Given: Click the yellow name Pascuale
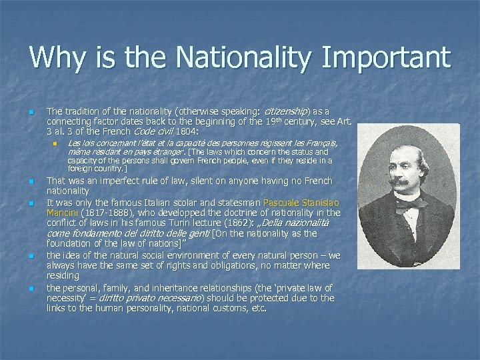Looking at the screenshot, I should click(x=284, y=202).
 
